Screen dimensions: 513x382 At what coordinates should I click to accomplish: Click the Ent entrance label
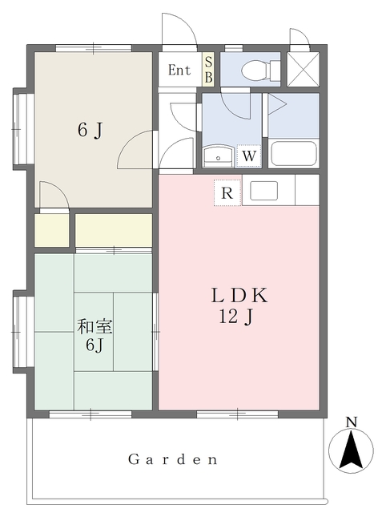(x=179, y=70)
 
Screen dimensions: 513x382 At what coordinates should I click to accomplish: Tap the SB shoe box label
(x=208, y=70)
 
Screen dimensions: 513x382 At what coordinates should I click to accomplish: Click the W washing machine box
(x=249, y=156)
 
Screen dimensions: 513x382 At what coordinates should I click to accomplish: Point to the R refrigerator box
(x=227, y=192)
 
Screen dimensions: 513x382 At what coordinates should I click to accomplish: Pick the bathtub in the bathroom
(x=293, y=152)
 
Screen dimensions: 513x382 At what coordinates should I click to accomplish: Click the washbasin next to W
(x=218, y=156)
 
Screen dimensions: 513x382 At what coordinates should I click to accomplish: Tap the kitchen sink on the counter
(x=264, y=191)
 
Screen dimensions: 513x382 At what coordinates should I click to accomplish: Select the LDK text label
(x=239, y=296)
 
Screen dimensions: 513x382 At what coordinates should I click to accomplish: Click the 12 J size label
(x=238, y=317)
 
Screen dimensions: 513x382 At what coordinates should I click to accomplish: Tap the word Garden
(x=174, y=460)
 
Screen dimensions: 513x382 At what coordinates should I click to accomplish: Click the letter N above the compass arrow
(x=351, y=422)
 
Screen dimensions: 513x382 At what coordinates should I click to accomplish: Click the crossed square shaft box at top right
(x=304, y=68)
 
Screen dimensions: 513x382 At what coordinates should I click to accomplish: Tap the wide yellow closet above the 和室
(x=114, y=230)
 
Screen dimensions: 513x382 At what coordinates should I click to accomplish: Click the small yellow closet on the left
(x=51, y=230)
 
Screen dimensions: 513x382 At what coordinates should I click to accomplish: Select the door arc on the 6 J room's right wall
(x=135, y=150)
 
